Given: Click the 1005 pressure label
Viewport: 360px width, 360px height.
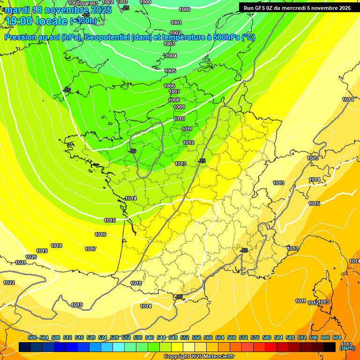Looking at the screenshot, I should tap(170, 71).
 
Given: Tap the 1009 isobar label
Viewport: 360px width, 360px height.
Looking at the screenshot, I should tap(179, 107).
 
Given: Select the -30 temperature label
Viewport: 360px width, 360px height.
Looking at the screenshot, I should tap(132, 151).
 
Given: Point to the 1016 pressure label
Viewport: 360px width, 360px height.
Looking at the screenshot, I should tap(100, 234).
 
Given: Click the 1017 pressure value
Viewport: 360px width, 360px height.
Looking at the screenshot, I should tap(90, 249).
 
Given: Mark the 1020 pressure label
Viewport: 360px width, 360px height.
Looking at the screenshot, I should tap(31, 257).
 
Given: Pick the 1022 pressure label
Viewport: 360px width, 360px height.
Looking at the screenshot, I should tap(9, 283).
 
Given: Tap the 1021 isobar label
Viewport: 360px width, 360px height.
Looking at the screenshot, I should tap(20, 262).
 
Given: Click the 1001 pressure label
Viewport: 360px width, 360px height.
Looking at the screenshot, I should tap(176, 22).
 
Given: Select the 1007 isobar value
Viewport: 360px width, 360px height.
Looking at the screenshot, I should tap(174, 91).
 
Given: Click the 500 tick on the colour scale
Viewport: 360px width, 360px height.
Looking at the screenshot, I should tap(32, 337).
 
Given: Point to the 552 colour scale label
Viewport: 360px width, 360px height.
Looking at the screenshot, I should tap(185, 337).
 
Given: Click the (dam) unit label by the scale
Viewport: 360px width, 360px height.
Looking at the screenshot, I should tap(347, 348).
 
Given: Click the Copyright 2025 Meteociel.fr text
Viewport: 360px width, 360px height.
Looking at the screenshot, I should tap(199, 356).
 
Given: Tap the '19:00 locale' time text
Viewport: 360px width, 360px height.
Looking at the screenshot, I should tap(36, 21).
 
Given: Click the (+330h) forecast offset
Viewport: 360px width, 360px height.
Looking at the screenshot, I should tap(83, 21).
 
